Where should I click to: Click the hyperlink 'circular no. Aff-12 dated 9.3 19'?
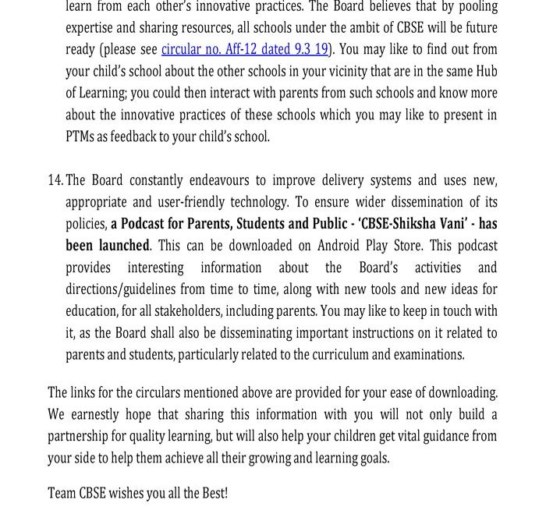(244, 49)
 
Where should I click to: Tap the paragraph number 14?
(55, 180)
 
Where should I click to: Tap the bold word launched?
(122, 245)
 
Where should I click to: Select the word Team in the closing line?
(62, 494)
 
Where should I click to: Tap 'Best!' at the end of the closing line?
(214, 494)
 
